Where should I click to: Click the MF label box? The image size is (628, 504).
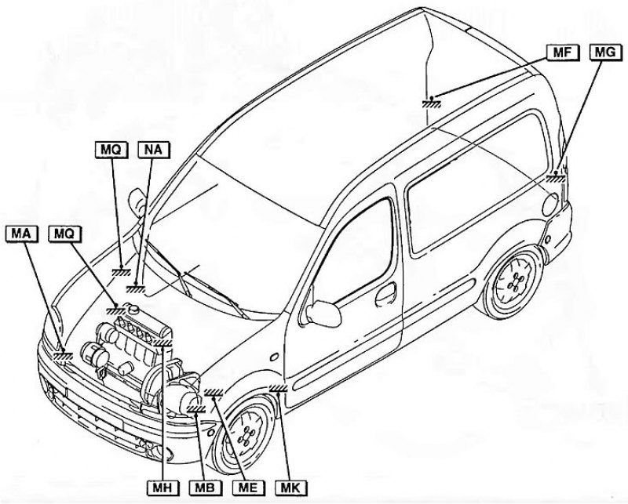coord(563,53)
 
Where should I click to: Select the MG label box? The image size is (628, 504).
coord(606,53)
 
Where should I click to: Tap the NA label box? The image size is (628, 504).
coord(153,150)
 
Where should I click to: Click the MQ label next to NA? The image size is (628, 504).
coord(111,150)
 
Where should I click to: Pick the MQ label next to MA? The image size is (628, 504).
coord(64,234)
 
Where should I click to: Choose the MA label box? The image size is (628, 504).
coord(22,234)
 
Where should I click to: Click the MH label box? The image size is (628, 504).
coord(162,488)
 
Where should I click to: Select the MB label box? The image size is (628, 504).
coord(206,488)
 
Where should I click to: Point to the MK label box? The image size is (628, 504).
coord(291,488)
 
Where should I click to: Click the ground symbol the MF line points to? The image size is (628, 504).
coord(431,103)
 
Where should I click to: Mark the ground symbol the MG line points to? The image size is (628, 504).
coord(557,177)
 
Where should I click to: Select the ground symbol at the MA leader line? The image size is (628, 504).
coord(63,355)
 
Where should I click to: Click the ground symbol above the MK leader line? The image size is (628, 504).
coord(279,387)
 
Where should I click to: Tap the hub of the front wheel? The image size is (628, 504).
coord(247,435)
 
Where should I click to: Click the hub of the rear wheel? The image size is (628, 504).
coord(514,282)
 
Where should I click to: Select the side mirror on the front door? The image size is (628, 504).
coord(323,313)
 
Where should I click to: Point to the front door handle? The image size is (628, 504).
coord(385,293)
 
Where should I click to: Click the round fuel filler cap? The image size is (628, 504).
coord(551,205)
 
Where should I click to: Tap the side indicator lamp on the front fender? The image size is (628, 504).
coord(274,357)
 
